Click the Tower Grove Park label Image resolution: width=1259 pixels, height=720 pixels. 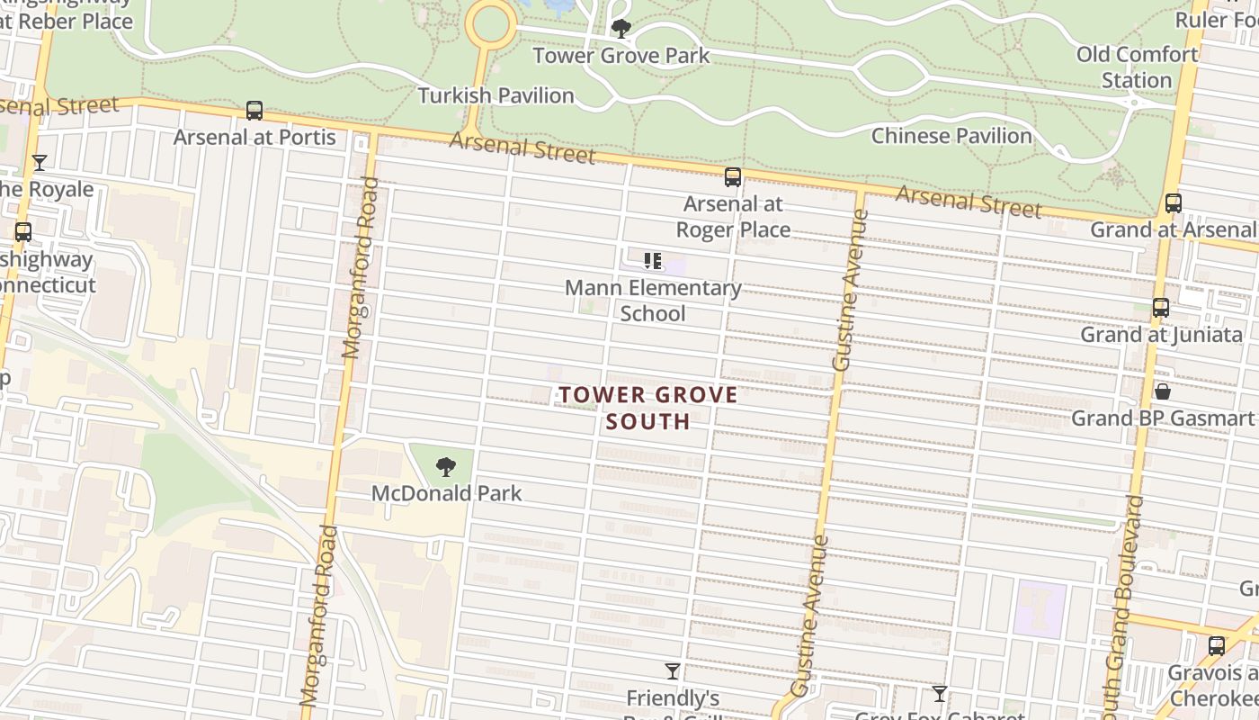pos(621,56)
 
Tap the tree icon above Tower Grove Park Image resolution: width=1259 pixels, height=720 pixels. pos(621,29)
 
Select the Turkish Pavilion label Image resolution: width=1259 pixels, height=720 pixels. pos(496,95)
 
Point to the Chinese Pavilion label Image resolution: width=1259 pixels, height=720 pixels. pos(951,136)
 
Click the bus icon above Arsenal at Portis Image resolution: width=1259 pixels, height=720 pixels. pos(254,111)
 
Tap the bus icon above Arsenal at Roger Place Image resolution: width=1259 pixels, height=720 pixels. pos(733,177)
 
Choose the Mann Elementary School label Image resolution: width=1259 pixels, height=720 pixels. pos(653,301)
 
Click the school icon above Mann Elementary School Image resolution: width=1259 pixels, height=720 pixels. pos(653,262)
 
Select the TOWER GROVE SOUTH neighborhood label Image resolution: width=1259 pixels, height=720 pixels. pos(648,408)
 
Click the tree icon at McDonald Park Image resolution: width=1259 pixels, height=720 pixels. pos(445,467)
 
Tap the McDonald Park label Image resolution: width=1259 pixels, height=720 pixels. pos(446,493)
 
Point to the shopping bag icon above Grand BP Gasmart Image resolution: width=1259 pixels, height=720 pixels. pos(1162,391)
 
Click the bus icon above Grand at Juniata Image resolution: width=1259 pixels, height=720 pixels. pos(1161,308)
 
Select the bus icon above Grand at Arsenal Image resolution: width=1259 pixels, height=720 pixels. pos(1173,203)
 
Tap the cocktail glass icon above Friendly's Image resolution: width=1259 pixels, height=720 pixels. pos(672,671)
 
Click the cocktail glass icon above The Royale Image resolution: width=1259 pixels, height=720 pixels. pos(40,163)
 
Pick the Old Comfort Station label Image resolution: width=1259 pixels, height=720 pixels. pos(1137,67)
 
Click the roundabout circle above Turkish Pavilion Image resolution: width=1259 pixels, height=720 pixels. pos(490,24)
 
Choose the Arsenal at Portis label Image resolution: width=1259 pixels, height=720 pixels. pos(254,138)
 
